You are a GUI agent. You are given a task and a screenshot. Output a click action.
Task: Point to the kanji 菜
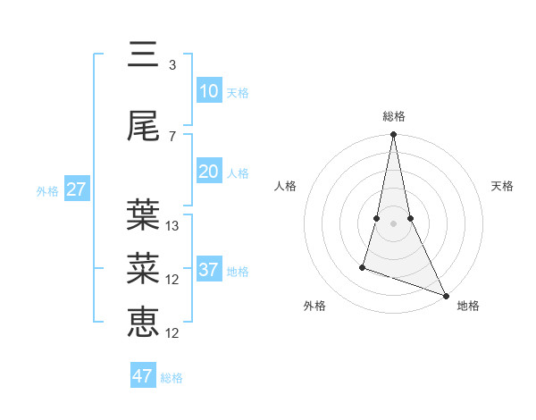pos(143,267)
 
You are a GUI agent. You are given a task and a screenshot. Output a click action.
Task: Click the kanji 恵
pos(143,321)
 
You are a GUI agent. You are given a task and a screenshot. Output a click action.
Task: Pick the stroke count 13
pos(172,226)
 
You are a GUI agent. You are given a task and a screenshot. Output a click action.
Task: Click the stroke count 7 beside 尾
pos(172,136)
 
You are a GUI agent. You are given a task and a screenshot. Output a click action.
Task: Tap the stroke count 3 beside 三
pos(172,65)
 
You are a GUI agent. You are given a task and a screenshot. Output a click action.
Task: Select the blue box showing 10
pos(208,91)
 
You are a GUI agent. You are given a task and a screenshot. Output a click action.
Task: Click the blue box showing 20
pos(208,172)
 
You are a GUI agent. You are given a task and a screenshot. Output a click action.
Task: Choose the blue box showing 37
pos(208,270)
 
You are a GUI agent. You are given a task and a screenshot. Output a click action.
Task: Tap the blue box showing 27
pos(76,189)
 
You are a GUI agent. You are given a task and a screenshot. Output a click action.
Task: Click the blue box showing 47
pos(143,376)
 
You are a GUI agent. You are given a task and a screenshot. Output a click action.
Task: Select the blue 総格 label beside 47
pos(172,378)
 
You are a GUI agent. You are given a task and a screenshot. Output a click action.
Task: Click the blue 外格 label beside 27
pos(47,191)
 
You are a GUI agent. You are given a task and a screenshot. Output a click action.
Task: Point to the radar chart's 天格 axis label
pos(502,186)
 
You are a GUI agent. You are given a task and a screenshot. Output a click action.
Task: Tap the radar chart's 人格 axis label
pos(285,186)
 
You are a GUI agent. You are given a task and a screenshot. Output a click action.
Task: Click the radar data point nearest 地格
pos(446,295)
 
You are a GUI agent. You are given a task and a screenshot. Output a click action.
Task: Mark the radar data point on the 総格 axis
pos(393,135)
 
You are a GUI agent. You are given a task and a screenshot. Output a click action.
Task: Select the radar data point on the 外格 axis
pos(363,266)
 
